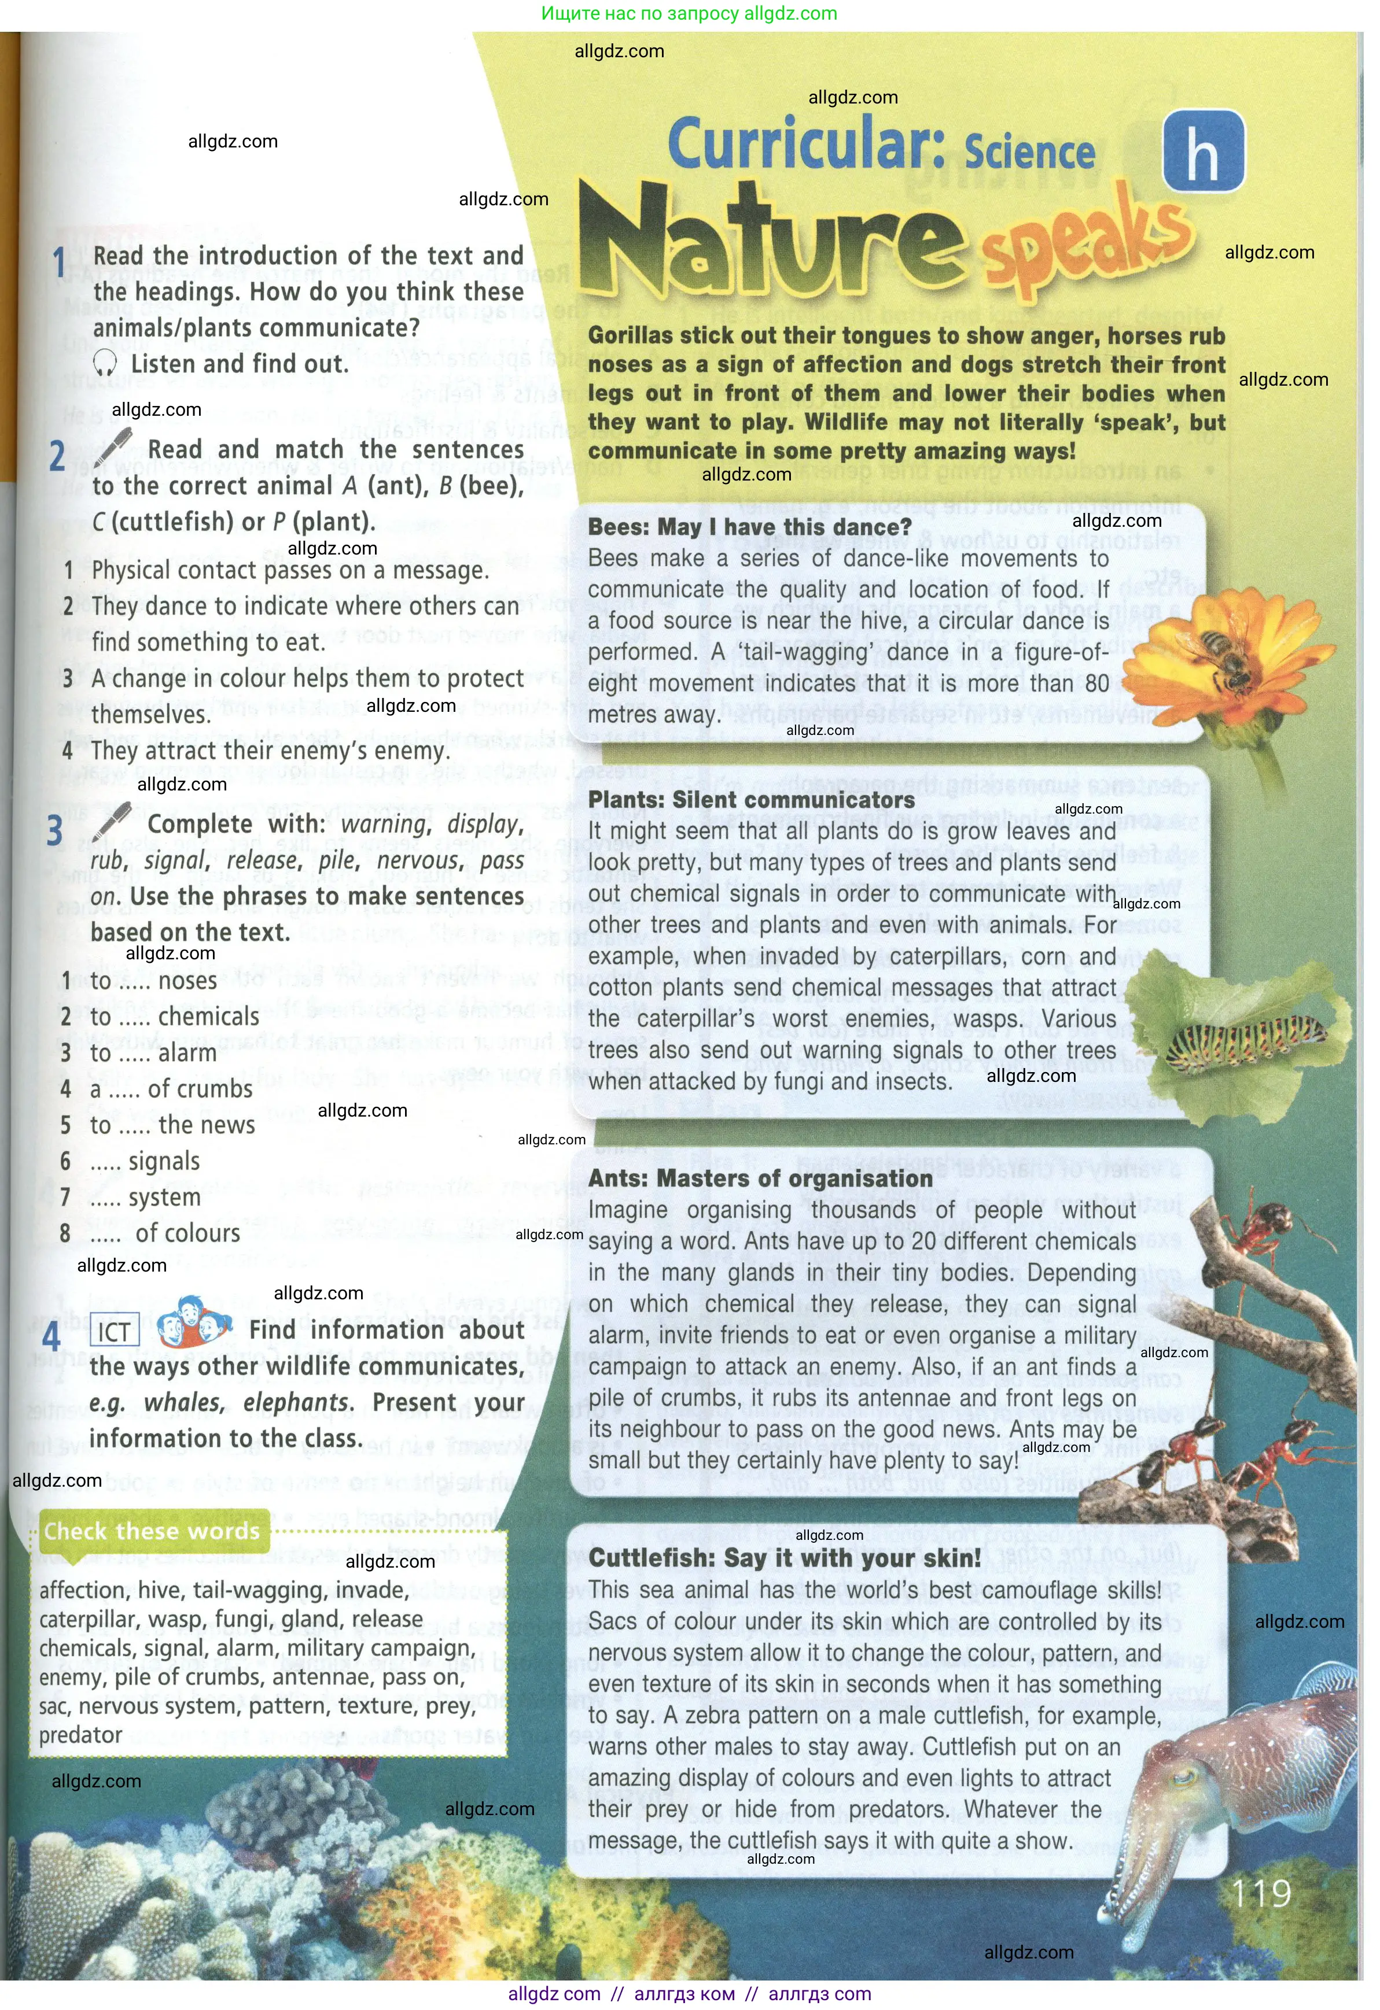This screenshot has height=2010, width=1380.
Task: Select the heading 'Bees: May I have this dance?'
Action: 749,527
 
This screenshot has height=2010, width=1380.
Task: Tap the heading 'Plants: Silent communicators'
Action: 751,799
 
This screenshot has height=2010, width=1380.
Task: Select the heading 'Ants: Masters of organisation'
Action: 760,1178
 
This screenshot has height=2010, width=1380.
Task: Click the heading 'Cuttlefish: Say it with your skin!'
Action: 785,1558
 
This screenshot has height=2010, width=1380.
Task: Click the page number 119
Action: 1261,1893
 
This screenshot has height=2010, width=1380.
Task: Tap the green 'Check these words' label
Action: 152,1531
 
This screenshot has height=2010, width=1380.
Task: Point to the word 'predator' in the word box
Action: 80,1735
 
